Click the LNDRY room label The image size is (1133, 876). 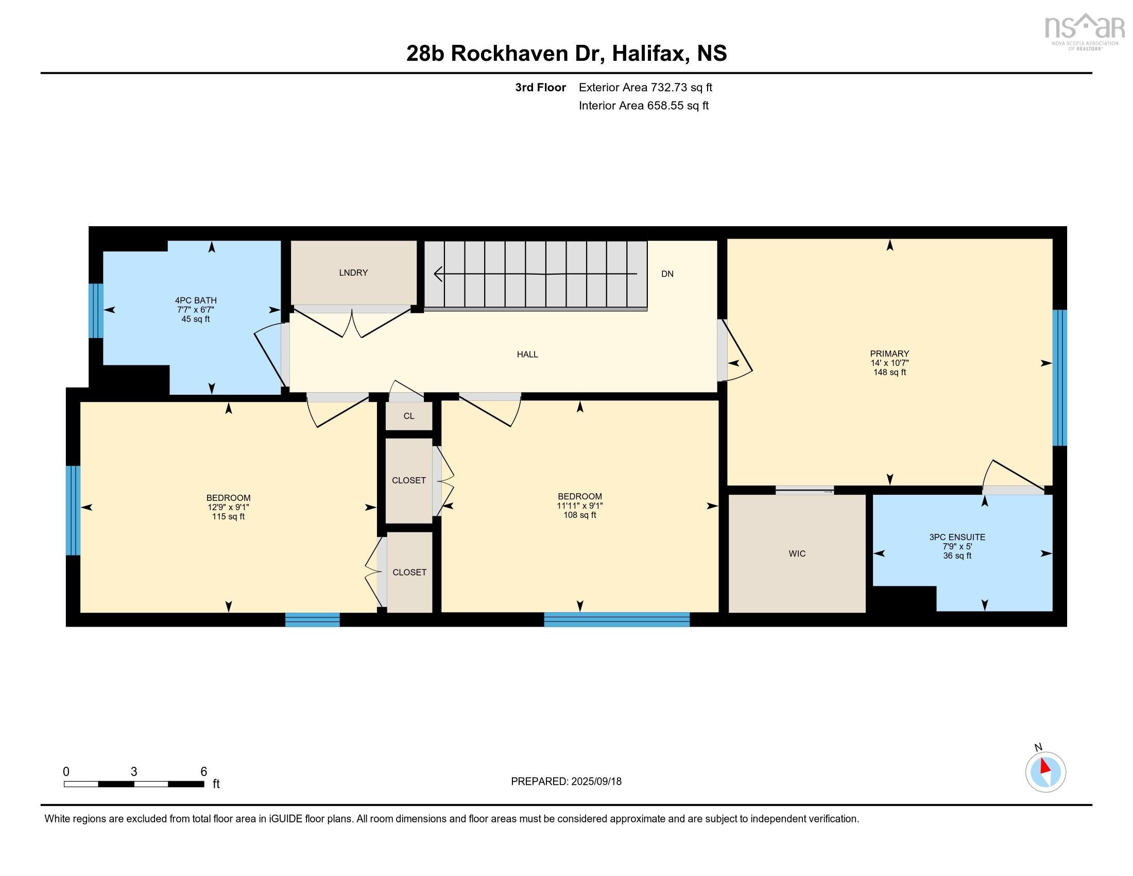(x=353, y=273)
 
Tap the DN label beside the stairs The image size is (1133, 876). (x=667, y=274)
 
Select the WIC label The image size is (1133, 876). (x=797, y=554)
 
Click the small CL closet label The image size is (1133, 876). (x=409, y=416)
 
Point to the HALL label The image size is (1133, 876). (x=527, y=355)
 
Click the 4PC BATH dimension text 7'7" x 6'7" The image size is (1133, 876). (x=196, y=310)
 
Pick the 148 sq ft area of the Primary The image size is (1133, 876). (x=890, y=372)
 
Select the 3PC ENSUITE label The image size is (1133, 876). (x=957, y=537)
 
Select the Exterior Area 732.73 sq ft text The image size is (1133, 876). (x=645, y=87)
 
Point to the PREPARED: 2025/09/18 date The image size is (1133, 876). (x=566, y=782)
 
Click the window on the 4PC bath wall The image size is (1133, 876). (x=96, y=310)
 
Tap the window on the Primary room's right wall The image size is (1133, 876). (x=1059, y=378)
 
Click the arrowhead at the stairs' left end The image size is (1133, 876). (x=438, y=274)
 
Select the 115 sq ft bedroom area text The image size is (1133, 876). (x=228, y=516)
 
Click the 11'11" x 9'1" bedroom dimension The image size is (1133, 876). (x=580, y=506)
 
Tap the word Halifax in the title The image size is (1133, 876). (x=650, y=54)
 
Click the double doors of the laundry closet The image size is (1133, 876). (x=352, y=322)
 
